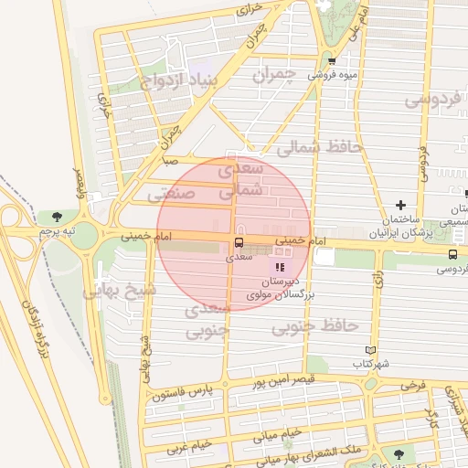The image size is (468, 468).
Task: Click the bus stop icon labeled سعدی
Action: (x=239, y=242)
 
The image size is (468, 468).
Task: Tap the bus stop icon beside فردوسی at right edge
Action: (x=452, y=253)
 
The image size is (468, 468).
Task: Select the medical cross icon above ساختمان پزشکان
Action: (x=400, y=205)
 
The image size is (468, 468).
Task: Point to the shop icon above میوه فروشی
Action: (x=332, y=62)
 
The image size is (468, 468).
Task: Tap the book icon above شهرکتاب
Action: (x=370, y=349)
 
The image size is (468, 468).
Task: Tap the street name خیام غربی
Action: (x=189, y=447)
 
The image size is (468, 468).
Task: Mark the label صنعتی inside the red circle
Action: (x=171, y=194)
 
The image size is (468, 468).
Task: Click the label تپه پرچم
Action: (x=55, y=234)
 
